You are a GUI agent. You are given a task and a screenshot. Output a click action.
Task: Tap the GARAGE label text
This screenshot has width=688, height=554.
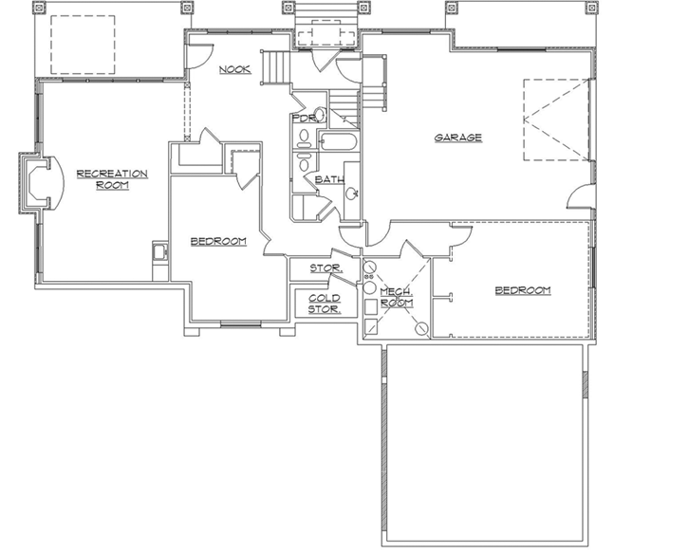pyautogui.click(x=458, y=138)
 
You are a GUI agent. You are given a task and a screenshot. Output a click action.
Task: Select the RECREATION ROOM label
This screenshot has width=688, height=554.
pyautogui.click(x=112, y=178)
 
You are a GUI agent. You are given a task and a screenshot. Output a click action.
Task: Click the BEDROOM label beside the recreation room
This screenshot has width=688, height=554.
pyautogui.click(x=218, y=241)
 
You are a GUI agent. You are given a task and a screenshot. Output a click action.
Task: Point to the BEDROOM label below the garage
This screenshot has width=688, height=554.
pyautogui.click(x=523, y=290)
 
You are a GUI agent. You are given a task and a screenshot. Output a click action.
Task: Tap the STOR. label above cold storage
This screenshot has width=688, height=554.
pyautogui.click(x=325, y=268)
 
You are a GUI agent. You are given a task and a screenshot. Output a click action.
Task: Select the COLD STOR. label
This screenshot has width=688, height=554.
pyautogui.click(x=325, y=304)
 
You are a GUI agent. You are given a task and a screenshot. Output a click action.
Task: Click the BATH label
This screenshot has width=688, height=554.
pyautogui.click(x=328, y=178)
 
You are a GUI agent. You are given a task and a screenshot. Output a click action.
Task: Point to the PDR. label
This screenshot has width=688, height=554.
pyautogui.click(x=303, y=120)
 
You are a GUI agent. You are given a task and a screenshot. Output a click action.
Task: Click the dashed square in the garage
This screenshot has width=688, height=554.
pyautogui.click(x=555, y=120)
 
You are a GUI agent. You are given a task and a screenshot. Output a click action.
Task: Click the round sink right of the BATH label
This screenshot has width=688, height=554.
pyautogui.click(x=351, y=194)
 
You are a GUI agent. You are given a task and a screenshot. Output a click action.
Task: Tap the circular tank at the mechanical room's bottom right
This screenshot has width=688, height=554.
pyautogui.click(x=421, y=330)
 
